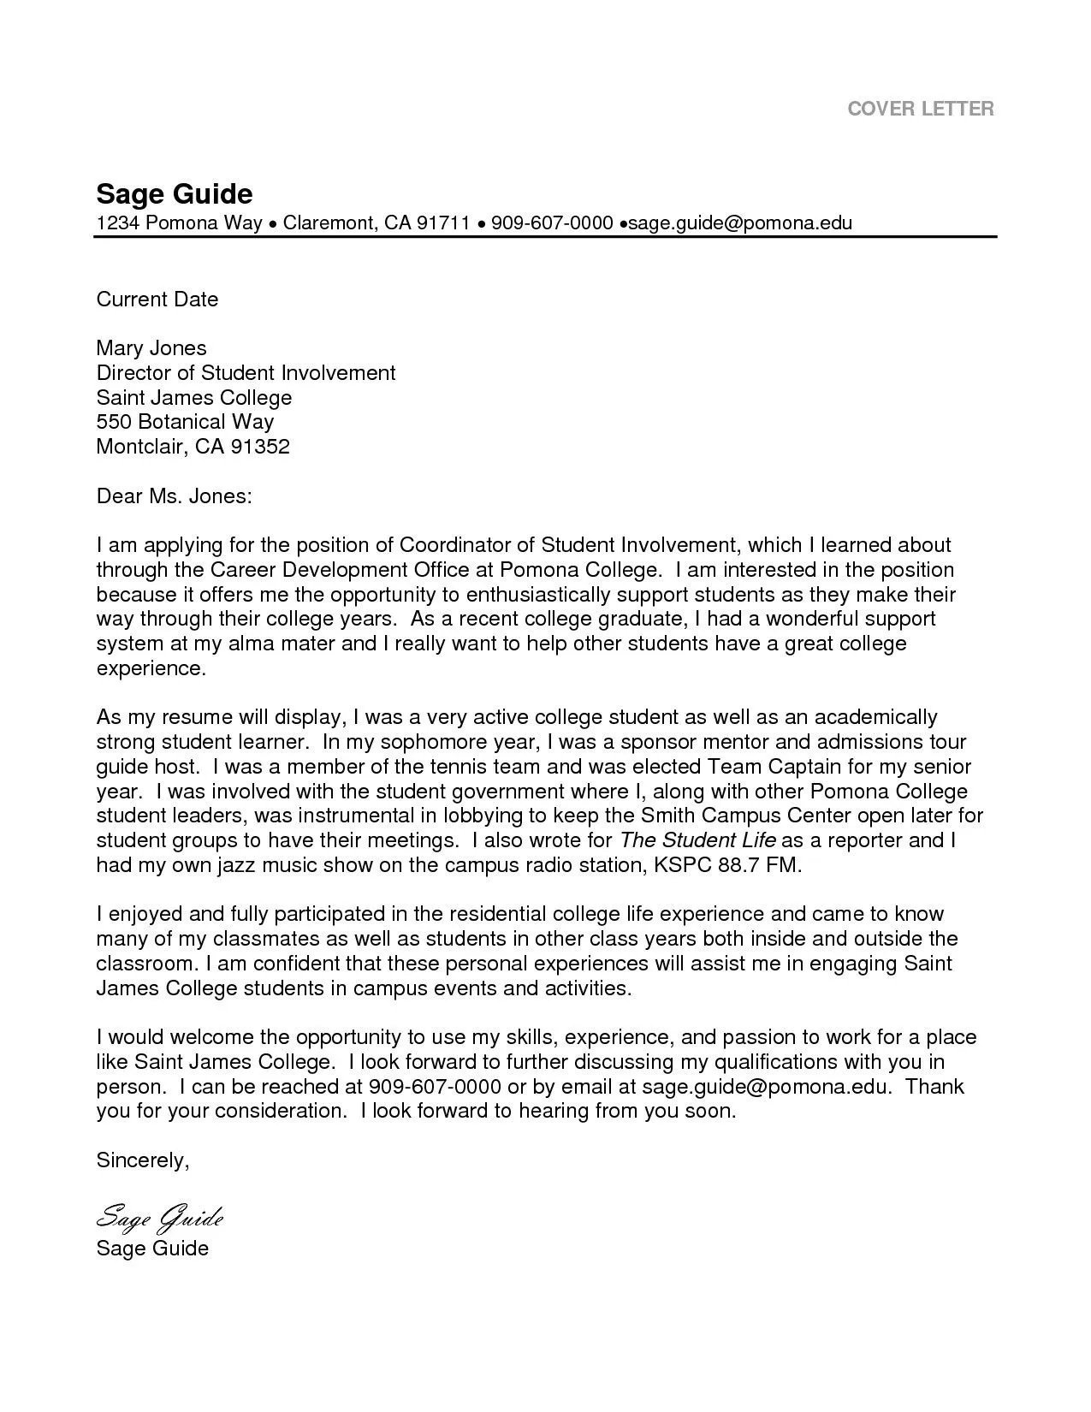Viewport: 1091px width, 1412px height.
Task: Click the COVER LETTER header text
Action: [920, 109]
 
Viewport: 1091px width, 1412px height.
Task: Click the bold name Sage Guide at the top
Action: [174, 193]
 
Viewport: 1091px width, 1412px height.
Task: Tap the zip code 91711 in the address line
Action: [442, 223]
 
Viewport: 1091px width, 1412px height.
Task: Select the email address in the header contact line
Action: [741, 223]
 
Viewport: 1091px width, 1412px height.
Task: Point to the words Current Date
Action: [157, 300]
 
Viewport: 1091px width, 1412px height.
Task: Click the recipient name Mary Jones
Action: [151, 348]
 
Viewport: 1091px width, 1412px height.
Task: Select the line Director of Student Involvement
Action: [246, 373]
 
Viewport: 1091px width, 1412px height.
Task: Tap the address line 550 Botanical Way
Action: [185, 422]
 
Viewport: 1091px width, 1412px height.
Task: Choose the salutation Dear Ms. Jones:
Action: [174, 496]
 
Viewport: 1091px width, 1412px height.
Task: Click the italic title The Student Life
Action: [697, 840]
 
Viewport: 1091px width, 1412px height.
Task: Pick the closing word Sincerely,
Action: [142, 1161]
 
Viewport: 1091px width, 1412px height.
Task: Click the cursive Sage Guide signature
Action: [159, 1216]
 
